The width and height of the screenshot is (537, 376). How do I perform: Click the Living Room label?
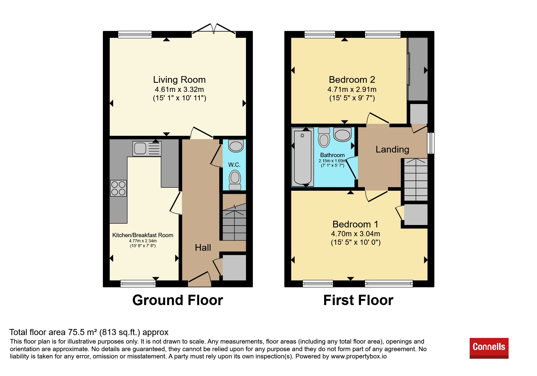[x=179, y=80]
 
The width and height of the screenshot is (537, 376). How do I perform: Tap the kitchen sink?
[x=147, y=149]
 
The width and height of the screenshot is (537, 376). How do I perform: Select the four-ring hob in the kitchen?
[x=118, y=188]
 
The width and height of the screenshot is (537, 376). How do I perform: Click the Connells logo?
[x=489, y=348]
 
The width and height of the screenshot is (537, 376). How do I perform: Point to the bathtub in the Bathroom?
[x=303, y=157]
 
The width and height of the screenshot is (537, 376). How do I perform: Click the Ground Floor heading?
[x=178, y=300]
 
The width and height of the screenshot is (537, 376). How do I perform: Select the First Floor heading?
[x=358, y=300]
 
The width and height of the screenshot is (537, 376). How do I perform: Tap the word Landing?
[x=392, y=149]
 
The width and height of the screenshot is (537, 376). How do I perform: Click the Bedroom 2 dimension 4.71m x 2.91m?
[x=352, y=89]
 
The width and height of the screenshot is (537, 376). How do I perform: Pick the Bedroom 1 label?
[x=355, y=224]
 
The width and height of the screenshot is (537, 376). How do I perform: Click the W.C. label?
[x=234, y=165]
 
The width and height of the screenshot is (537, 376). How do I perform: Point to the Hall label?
[x=203, y=248]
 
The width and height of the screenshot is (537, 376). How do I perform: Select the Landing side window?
[x=431, y=143]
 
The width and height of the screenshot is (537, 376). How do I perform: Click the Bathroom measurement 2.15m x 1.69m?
[x=332, y=161]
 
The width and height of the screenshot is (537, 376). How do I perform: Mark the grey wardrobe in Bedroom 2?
[x=418, y=69]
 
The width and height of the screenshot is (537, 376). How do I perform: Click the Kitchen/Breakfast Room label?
[x=143, y=235]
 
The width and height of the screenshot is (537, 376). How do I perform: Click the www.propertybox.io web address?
[x=359, y=356]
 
